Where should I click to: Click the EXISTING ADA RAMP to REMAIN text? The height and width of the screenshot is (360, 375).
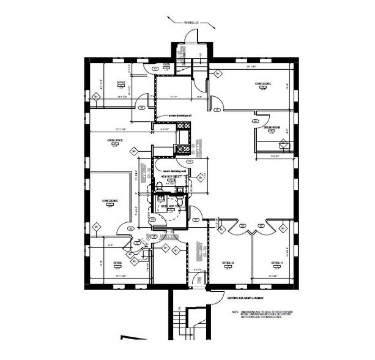232,298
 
